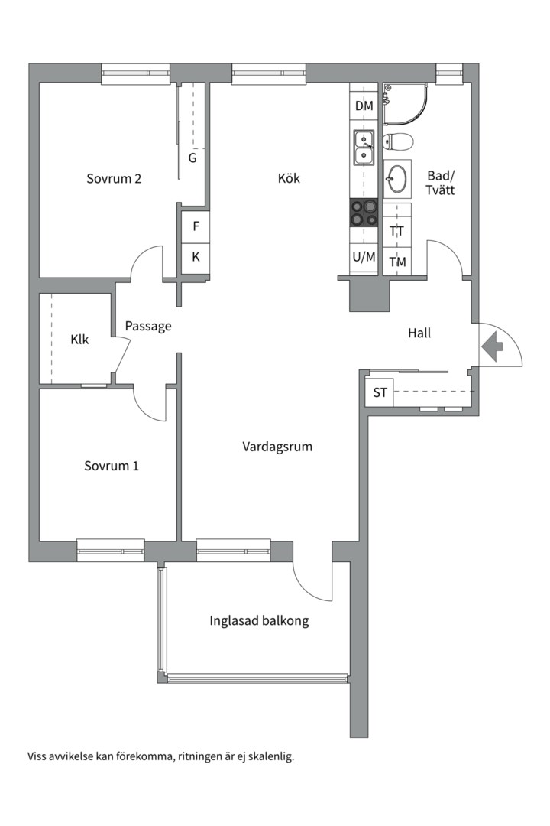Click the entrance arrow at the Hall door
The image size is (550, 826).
(x=492, y=346)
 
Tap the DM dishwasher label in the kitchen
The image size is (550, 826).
(x=364, y=106)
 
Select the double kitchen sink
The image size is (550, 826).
(x=363, y=148)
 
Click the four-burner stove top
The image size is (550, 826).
(x=364, y=212)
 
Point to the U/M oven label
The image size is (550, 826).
(x=364, y=257)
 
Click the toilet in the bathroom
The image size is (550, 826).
(x=398, y=141)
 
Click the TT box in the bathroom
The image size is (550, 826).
(x=397, y=231)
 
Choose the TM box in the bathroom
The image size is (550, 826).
(x=397, y=262)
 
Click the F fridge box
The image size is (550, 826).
(x=196, y=226)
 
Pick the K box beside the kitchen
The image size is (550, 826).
(x=196, y=257)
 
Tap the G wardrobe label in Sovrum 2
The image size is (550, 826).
(x=192, y=158)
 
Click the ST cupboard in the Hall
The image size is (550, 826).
(x=380, y=394)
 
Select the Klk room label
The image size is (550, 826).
(x=79, y=339)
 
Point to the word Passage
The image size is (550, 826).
(x=148, y=326)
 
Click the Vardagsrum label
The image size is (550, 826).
(x=277, y=447)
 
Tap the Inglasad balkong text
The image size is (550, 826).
(x=259, y=620)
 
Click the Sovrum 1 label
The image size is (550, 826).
(x=112, y=466)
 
